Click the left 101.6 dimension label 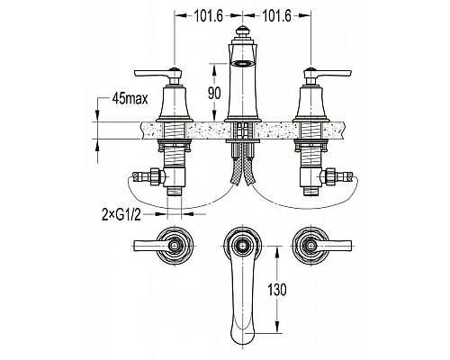click(209, 16)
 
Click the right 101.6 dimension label click(276, 16)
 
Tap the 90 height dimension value click(214, 93)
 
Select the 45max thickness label click(130, 98)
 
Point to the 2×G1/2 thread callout click(121, 215)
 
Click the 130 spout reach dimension click(277, 290)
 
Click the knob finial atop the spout click(242, 32)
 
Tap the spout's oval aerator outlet click(242, 63)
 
